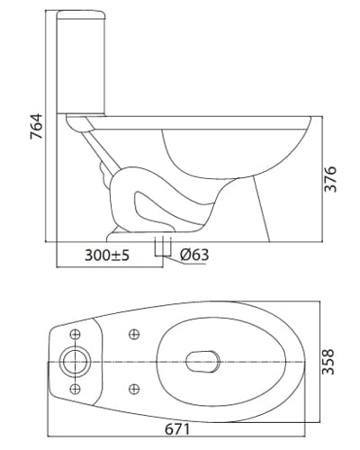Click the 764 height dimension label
(37, 126)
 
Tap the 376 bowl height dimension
(331, 179)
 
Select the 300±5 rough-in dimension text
(107, 256)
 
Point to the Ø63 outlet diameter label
(194, 255)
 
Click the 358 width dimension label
(328, 362)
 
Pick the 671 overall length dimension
(177, 429)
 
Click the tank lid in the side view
(81, 14)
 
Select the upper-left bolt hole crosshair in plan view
(75, 334)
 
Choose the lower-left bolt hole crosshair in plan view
(75, 389)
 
